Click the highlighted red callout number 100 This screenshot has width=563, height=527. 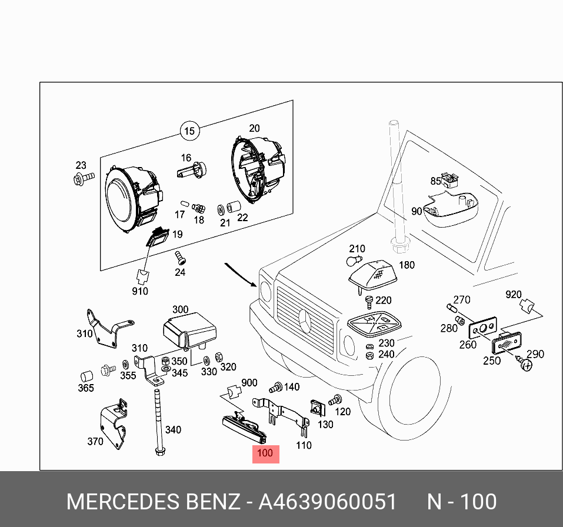(265, 453)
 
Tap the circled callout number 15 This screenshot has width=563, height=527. (189, 131)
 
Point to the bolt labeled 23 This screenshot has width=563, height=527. (83, 178)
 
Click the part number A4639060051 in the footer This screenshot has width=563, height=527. (328, 502)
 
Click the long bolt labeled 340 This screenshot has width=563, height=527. (159, 418)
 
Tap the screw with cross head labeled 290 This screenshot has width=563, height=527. (526, 365)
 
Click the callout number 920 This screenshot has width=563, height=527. (514, 294)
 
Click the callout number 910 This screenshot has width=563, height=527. (140, 291)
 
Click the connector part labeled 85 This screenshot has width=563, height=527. (451, 179)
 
